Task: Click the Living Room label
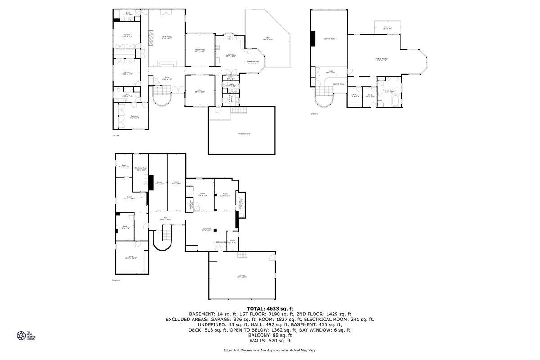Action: (x=167, y=37)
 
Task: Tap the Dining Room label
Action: (x=200, y=50)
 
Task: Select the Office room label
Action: (x=200, y=91)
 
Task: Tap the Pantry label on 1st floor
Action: (x=230, y=77)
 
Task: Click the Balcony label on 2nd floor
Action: (x=387, y=27)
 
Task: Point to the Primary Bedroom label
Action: (x=382, y=59)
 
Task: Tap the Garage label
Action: (x=242, y=276)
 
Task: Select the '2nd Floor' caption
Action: (x=315, y=114)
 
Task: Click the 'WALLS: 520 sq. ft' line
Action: (x=270, y=342)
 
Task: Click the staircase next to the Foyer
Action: (x=161, y=93)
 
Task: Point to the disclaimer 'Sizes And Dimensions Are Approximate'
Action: (x=270, y=350)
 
